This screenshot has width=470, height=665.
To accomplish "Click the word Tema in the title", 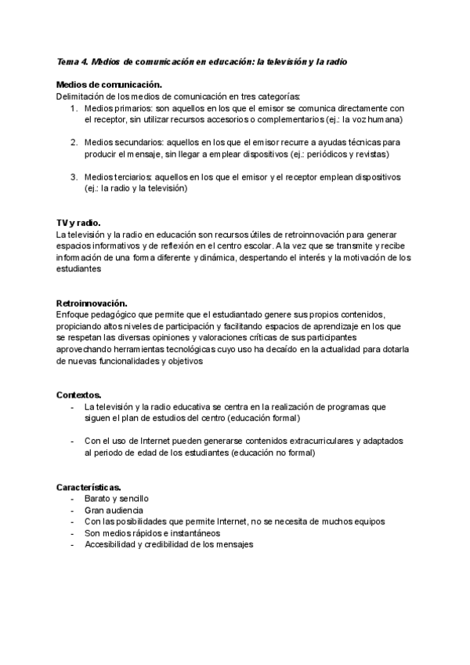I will coord(68,61).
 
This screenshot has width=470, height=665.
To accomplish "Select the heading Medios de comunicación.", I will coord(109,84).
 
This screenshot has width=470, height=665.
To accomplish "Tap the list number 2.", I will coord(73,142).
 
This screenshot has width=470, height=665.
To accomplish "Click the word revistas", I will coord(368,154).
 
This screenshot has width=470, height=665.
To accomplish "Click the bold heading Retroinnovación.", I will coord(92,303).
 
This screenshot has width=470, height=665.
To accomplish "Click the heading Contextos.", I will coord(78,394).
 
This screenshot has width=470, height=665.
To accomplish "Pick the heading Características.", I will coord(88,487).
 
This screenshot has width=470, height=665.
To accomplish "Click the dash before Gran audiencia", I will coord(73,510).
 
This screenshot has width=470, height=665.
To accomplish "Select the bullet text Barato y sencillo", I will coord(117,499).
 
